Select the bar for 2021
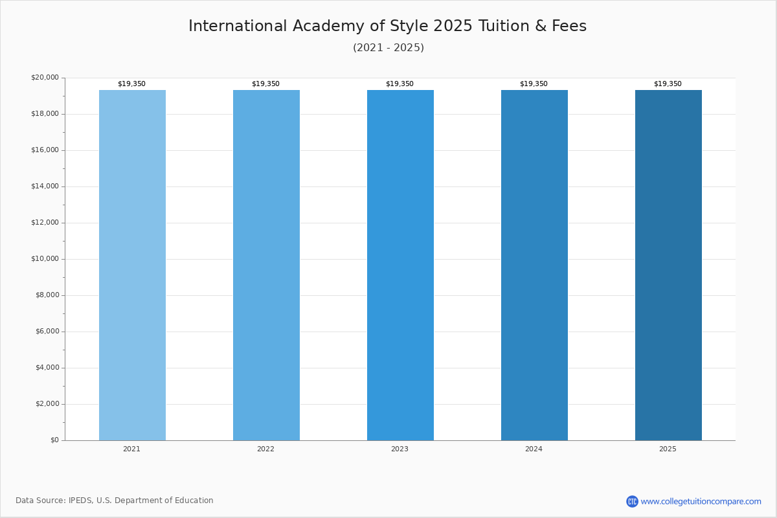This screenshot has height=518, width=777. point(132,265)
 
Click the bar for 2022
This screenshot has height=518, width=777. point(266,265)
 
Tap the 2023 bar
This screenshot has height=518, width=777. point(400,265)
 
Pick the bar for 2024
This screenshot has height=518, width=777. point(535,265)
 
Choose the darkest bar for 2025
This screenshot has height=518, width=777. point(668,265)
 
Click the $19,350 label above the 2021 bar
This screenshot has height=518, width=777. point(132,84)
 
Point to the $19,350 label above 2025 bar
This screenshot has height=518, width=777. point(668,84)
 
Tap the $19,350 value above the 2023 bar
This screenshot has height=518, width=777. point(400,84)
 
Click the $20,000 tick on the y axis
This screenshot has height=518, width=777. point(45,77)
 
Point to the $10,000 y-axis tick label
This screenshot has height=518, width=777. point(45,259)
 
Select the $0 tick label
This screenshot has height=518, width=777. point(55,440)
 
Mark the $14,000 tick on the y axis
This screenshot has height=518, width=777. point(45,186)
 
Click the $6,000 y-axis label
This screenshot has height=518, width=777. point(47,332)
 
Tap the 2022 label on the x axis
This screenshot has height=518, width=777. point(265,449)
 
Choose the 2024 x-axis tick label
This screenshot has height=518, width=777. point(534,449)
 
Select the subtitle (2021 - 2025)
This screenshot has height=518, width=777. point(388,47)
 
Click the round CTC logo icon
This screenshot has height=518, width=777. point(632,501)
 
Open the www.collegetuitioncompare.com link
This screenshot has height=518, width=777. point(701,502)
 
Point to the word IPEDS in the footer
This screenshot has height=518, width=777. point(81,501)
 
